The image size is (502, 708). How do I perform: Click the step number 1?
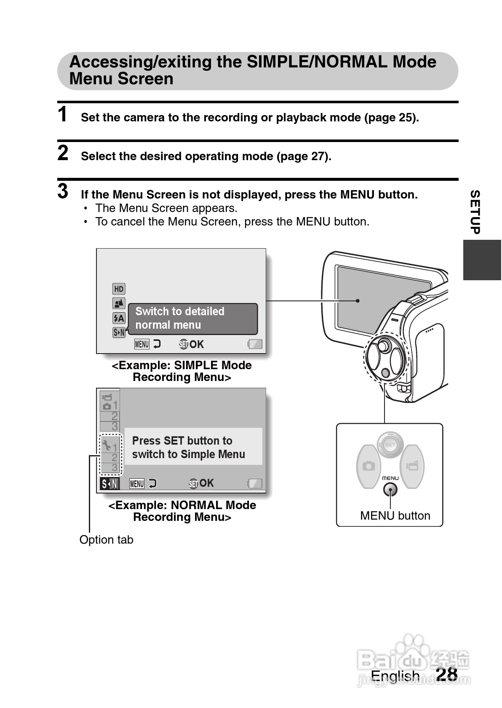pyautogui.click(x=63, y=115)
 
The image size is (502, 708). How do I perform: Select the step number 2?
pyautogui.click(x=63, y=153)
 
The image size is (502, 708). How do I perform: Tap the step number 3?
pyautogui.click(x=63, y=191)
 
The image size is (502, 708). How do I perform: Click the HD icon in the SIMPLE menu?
pyautogui.click(x=119, y=289)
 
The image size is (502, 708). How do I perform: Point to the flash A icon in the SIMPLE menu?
pyautogui.click(x=119, y=318)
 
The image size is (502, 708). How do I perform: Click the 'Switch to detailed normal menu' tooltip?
pyautogui.click(x=192, y=319)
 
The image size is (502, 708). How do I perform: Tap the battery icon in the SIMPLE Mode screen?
pyautogui.click(x=255, y=344)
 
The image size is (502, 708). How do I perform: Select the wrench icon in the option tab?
pyautogui.click(x=107, y=444)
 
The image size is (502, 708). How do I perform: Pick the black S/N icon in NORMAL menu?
pyautogui.click(x=109, y=484)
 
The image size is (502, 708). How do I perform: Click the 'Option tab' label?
pyautogui.click(x=106, y=540)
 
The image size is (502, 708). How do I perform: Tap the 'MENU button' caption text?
pyautogui.click(x=395, y=516)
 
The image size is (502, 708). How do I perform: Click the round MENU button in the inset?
pyautogui.click(x=390, y=490)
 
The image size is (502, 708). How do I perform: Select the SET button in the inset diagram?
pyautogui.click(x=390, y=445)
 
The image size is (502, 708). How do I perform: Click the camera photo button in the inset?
pyautogui.click(x=368, y=466)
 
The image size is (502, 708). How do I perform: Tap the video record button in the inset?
pyautogui.click(x=412, y=466)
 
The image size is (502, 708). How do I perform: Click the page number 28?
pyautogui.click(x=446, y=674)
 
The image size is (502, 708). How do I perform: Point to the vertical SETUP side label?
pyautogui.click(x=475, y=212)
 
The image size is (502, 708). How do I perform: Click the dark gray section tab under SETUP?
pyautogui.click(x=482, y=260)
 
